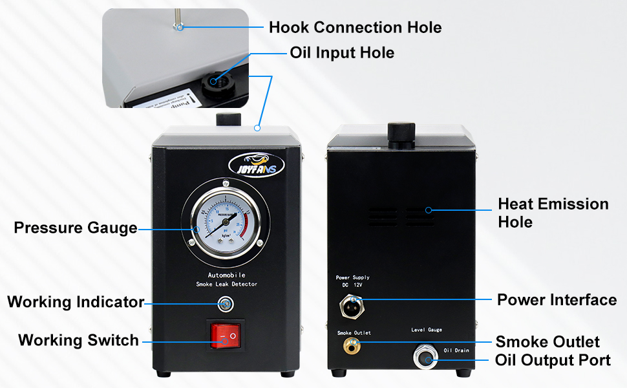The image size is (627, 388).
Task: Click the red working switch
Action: coord(225,334)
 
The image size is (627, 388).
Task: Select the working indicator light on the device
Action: coord(225,303)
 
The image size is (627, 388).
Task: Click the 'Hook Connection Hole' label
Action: coord(355,27)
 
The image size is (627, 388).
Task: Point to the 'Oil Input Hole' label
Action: coord(342,52)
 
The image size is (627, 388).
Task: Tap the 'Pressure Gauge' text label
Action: coord(76,228)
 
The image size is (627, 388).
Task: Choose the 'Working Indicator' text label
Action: coord(76,302)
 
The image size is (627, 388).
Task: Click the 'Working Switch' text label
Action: coord(78,340)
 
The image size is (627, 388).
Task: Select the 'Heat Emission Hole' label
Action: coord(553,213)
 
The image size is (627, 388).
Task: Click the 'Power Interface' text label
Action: coord(557,300)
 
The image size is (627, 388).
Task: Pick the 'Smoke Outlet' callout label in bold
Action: coord(547,341)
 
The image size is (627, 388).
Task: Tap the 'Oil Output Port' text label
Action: coord(553,360)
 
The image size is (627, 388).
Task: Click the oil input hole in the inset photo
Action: coord(214,81)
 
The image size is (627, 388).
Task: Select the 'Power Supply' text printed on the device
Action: coord(353,277)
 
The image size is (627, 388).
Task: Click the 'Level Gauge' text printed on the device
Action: coord(427,330)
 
